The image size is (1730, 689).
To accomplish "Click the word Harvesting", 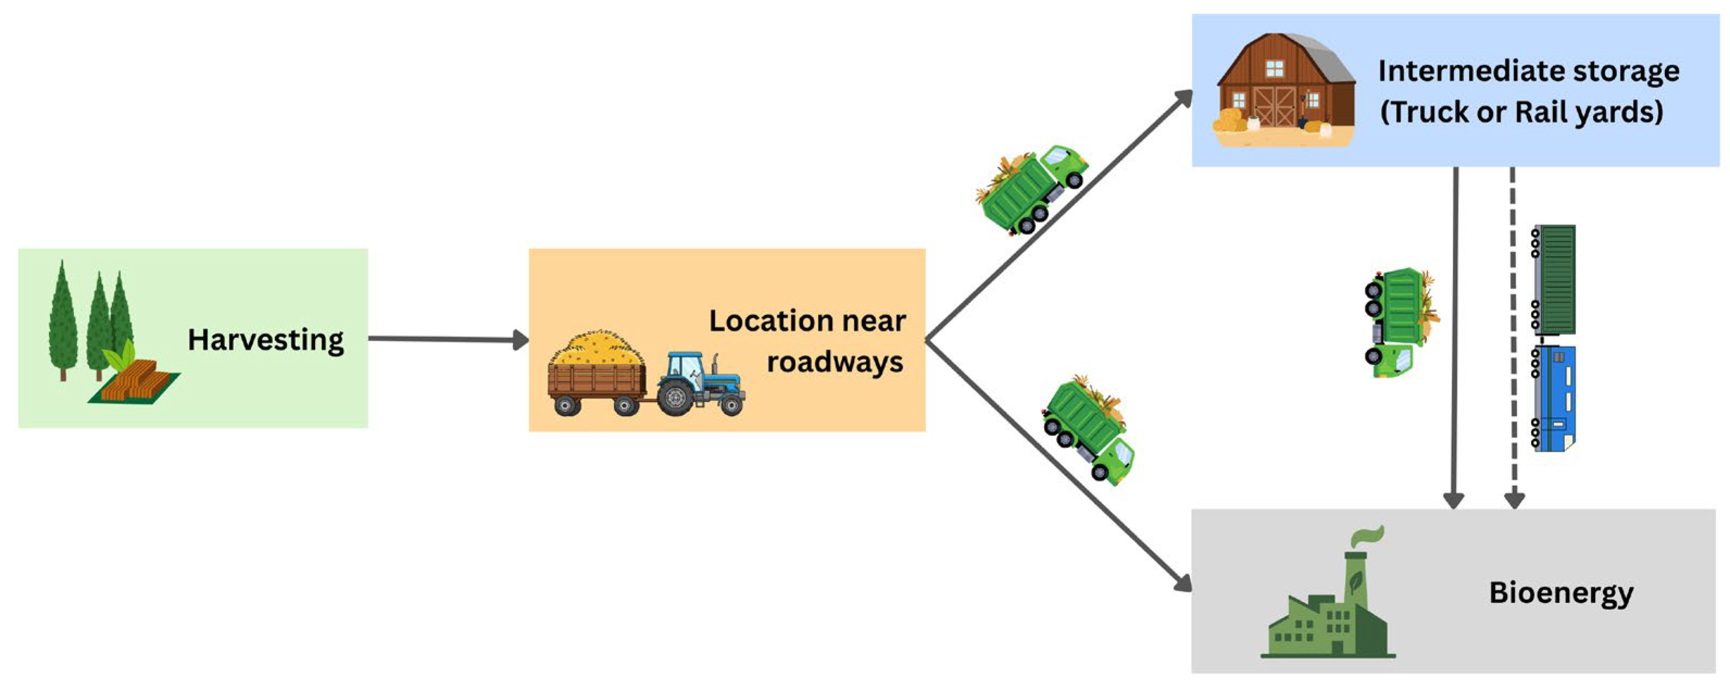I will [x=265, y=340].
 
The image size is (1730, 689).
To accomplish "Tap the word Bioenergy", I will [x=1561, y=593].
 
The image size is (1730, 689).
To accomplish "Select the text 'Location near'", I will [x=807, y=321].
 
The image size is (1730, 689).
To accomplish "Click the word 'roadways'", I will [x=835, y=362].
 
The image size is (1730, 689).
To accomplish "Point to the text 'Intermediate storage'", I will [x=1528, y=71].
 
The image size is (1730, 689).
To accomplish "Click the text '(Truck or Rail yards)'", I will [x=1521, y=112].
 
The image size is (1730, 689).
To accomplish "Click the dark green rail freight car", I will [x=1554, y=279].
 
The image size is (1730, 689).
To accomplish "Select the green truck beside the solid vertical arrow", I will [x=1400, y=321].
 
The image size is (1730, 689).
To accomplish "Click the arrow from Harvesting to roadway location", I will [x=447, y=339].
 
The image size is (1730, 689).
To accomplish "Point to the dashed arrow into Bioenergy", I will [x=1513, y=336].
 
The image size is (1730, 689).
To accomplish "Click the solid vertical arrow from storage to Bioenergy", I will [x=1454, y=336].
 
